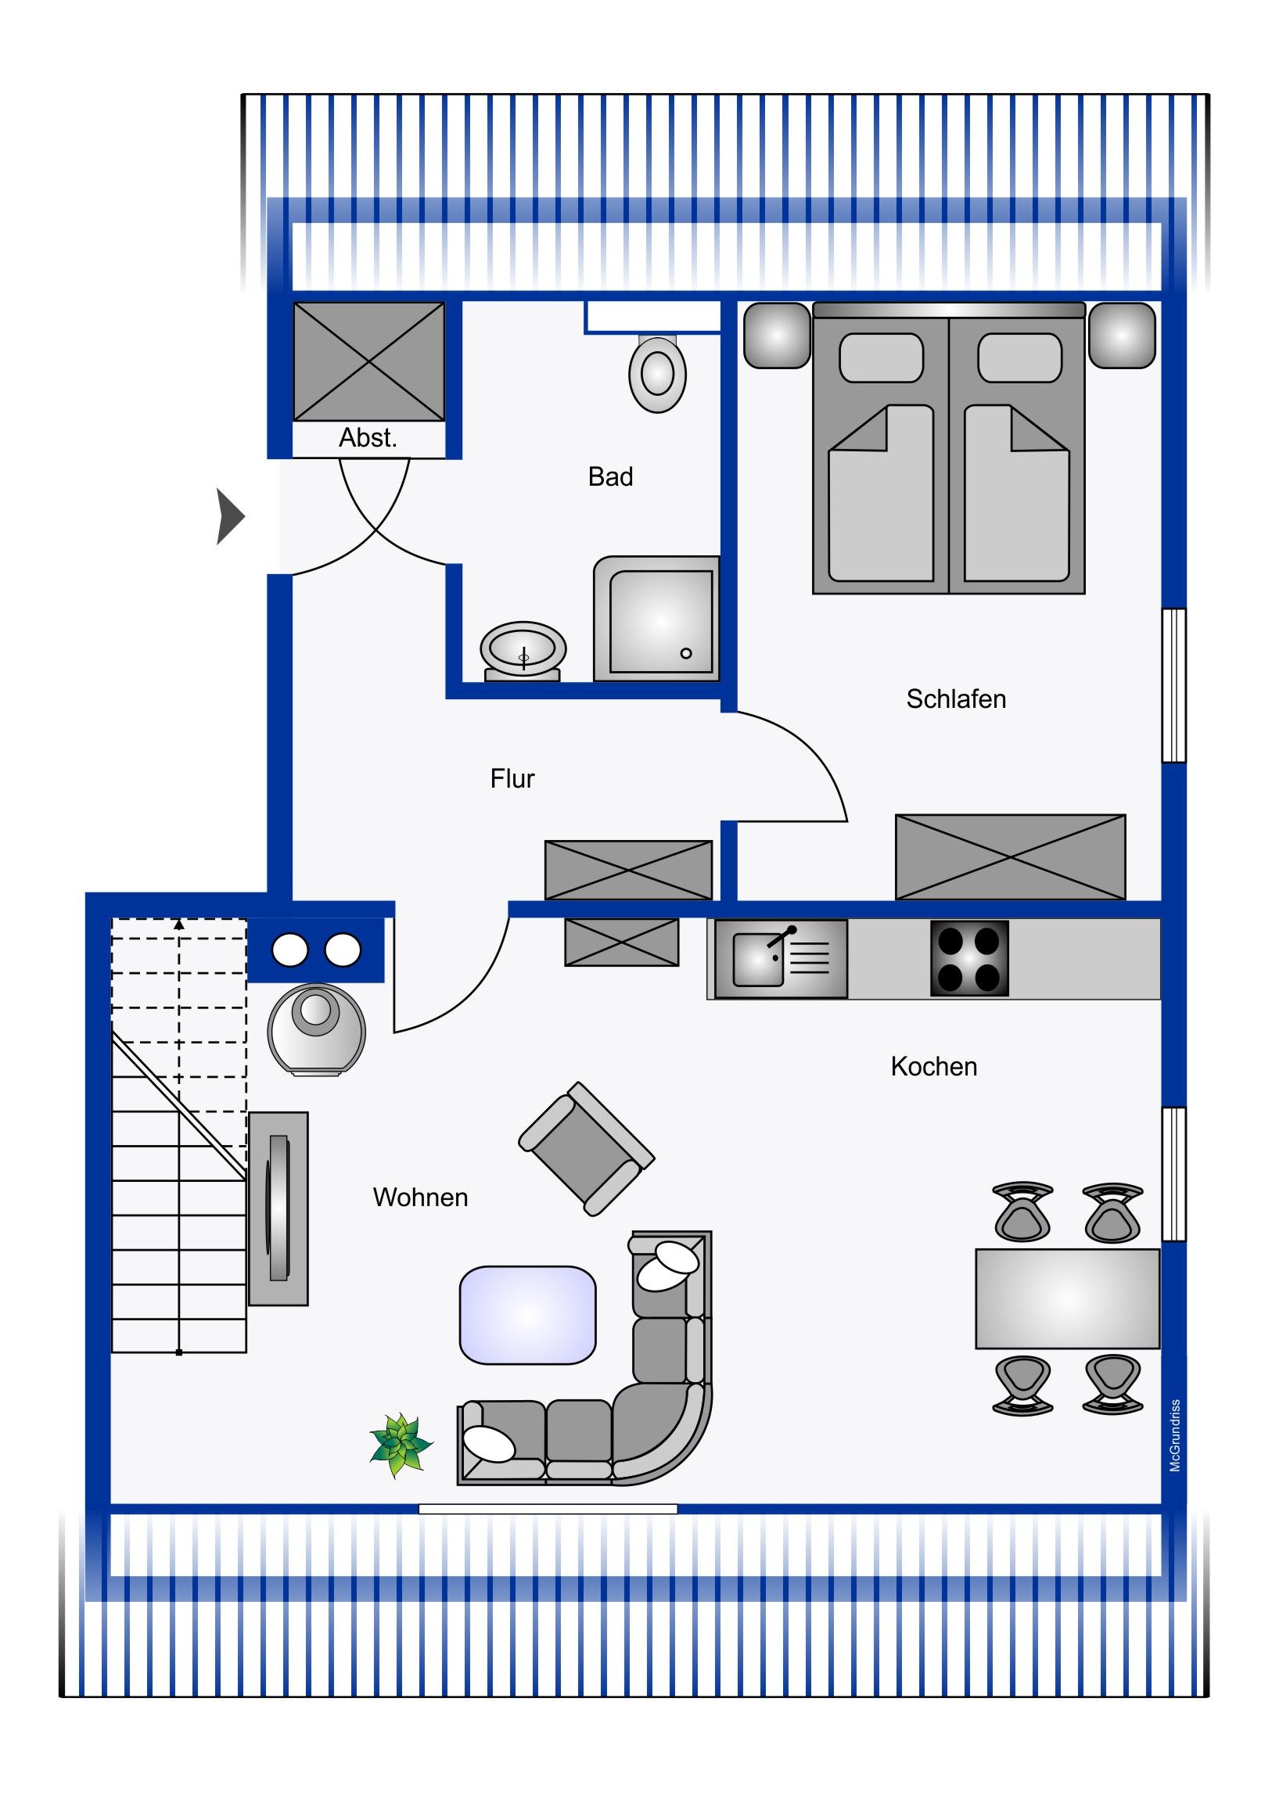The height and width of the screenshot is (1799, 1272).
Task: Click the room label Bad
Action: pos(609,476)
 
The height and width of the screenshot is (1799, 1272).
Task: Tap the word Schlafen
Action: pos(955,699)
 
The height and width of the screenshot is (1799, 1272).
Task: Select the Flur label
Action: pos(512,778)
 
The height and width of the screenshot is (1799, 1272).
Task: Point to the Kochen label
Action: pos(933,1066)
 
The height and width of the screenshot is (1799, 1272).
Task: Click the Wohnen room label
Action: pos(420,1198)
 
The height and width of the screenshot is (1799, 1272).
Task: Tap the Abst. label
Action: pos(368,437)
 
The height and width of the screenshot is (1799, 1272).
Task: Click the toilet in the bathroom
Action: pos(658,373)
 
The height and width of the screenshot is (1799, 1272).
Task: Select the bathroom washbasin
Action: pos(523,651)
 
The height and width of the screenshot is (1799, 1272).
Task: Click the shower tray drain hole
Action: pos(686,653)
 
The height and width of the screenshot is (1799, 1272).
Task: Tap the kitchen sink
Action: pos(758,959)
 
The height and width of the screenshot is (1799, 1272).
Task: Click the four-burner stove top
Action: pos(968,958)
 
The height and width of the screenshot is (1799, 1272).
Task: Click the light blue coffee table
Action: pos(527,1316)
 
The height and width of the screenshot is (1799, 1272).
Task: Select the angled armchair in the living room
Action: pos(586,1149)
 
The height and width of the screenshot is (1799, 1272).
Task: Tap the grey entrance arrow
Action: pos(231,516)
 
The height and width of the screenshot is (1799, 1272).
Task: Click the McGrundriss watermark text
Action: pos(1175,1435)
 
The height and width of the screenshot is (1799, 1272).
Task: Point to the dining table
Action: pos(1067,1298)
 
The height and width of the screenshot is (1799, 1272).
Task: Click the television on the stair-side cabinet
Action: pos(278,1208)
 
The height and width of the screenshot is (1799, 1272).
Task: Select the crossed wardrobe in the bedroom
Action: pos(1010,857)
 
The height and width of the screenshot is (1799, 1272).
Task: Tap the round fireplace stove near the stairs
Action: pos(316,1029)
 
